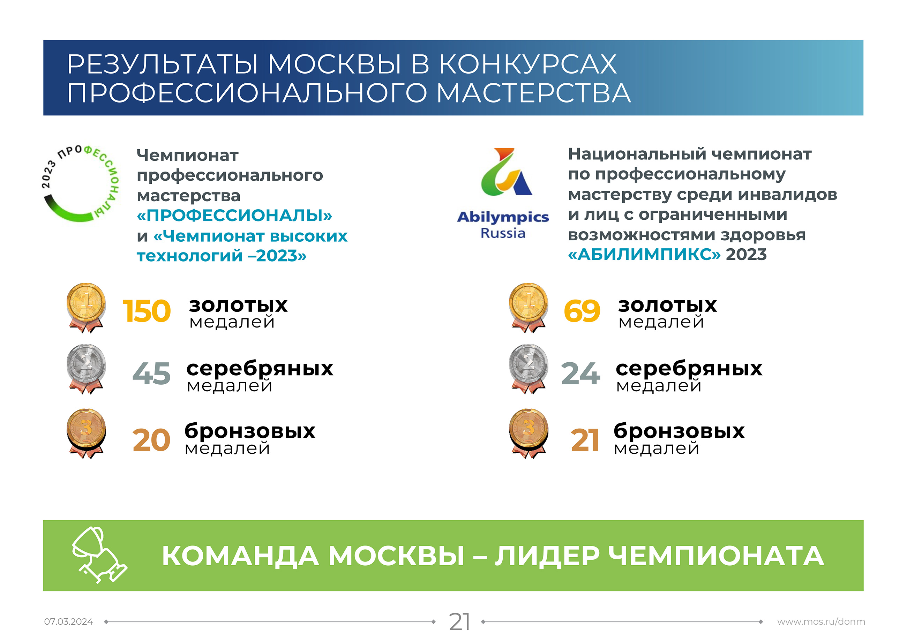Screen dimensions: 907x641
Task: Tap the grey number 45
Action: (x=151, y=374)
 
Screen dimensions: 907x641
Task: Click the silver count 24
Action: (x=581, y=374)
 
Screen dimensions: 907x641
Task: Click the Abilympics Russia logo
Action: (x=503, y=194)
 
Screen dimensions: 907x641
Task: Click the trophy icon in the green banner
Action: (x=99, y=555)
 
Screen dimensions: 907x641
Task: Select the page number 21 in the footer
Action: (x=459, y=622)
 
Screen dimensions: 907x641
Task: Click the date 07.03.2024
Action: (x=68, y=622)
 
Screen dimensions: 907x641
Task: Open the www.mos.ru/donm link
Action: (x=821, y=622)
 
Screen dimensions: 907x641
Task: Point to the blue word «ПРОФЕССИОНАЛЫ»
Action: (x=234, y=216)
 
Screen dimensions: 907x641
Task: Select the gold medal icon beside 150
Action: (x=86, y=308)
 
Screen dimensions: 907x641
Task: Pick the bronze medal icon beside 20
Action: (x=86, y=433)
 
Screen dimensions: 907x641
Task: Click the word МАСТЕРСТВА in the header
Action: (x=534, y=93)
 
